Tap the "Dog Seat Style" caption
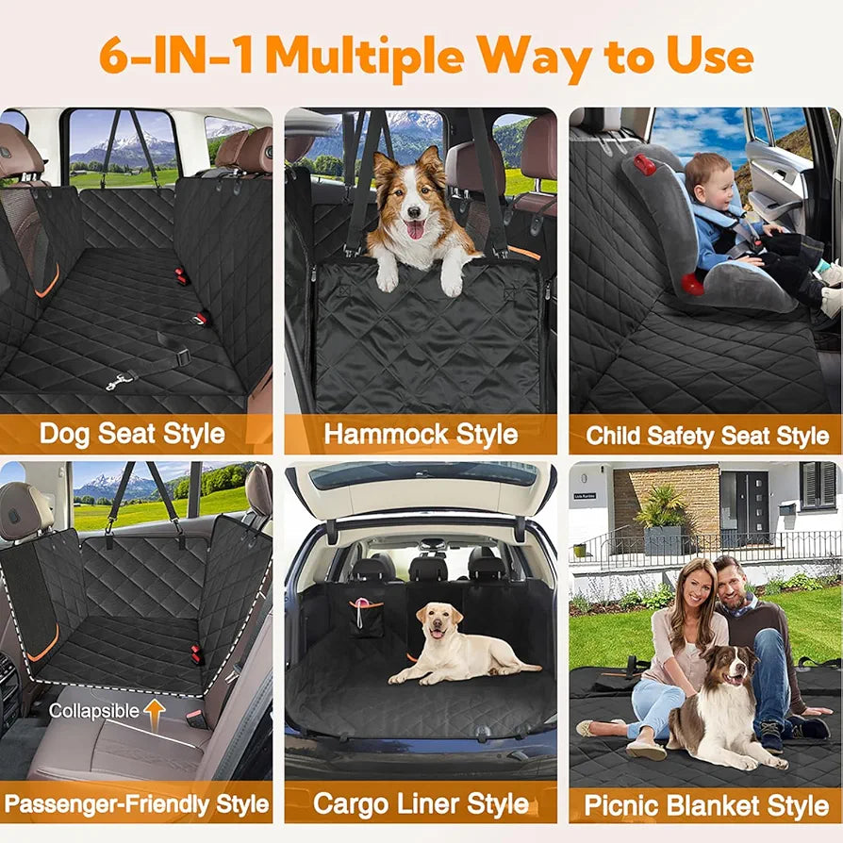pyautogui.click(x=132, y=434)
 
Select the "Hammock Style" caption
pyautogui.click(x=421, y=434)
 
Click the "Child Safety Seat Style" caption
pyautogui.click(x=707, y=437)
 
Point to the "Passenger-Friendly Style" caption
pyautogui.click(x=137, y=805)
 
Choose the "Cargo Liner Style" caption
pyautogui.click(x=421, y=804)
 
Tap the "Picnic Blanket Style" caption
pyautogui.click(x=706, y=805)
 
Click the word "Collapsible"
pyautogui.click(x=94, y=711)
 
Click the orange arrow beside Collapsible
pyautogui.click(x=154, y=709)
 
